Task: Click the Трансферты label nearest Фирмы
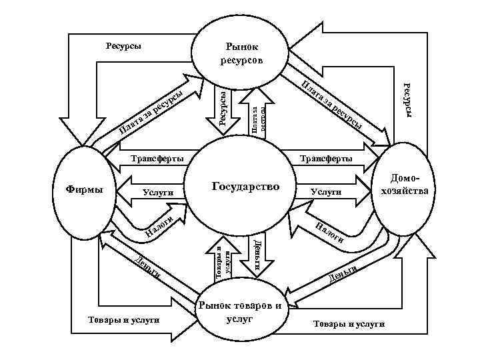[157, 159]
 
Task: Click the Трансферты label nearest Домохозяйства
[326, 159]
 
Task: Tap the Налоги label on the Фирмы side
[160, 226]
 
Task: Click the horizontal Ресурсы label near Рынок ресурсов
[123, 47]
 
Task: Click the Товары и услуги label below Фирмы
[123, 320]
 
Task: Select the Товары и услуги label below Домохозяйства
[349, 323]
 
